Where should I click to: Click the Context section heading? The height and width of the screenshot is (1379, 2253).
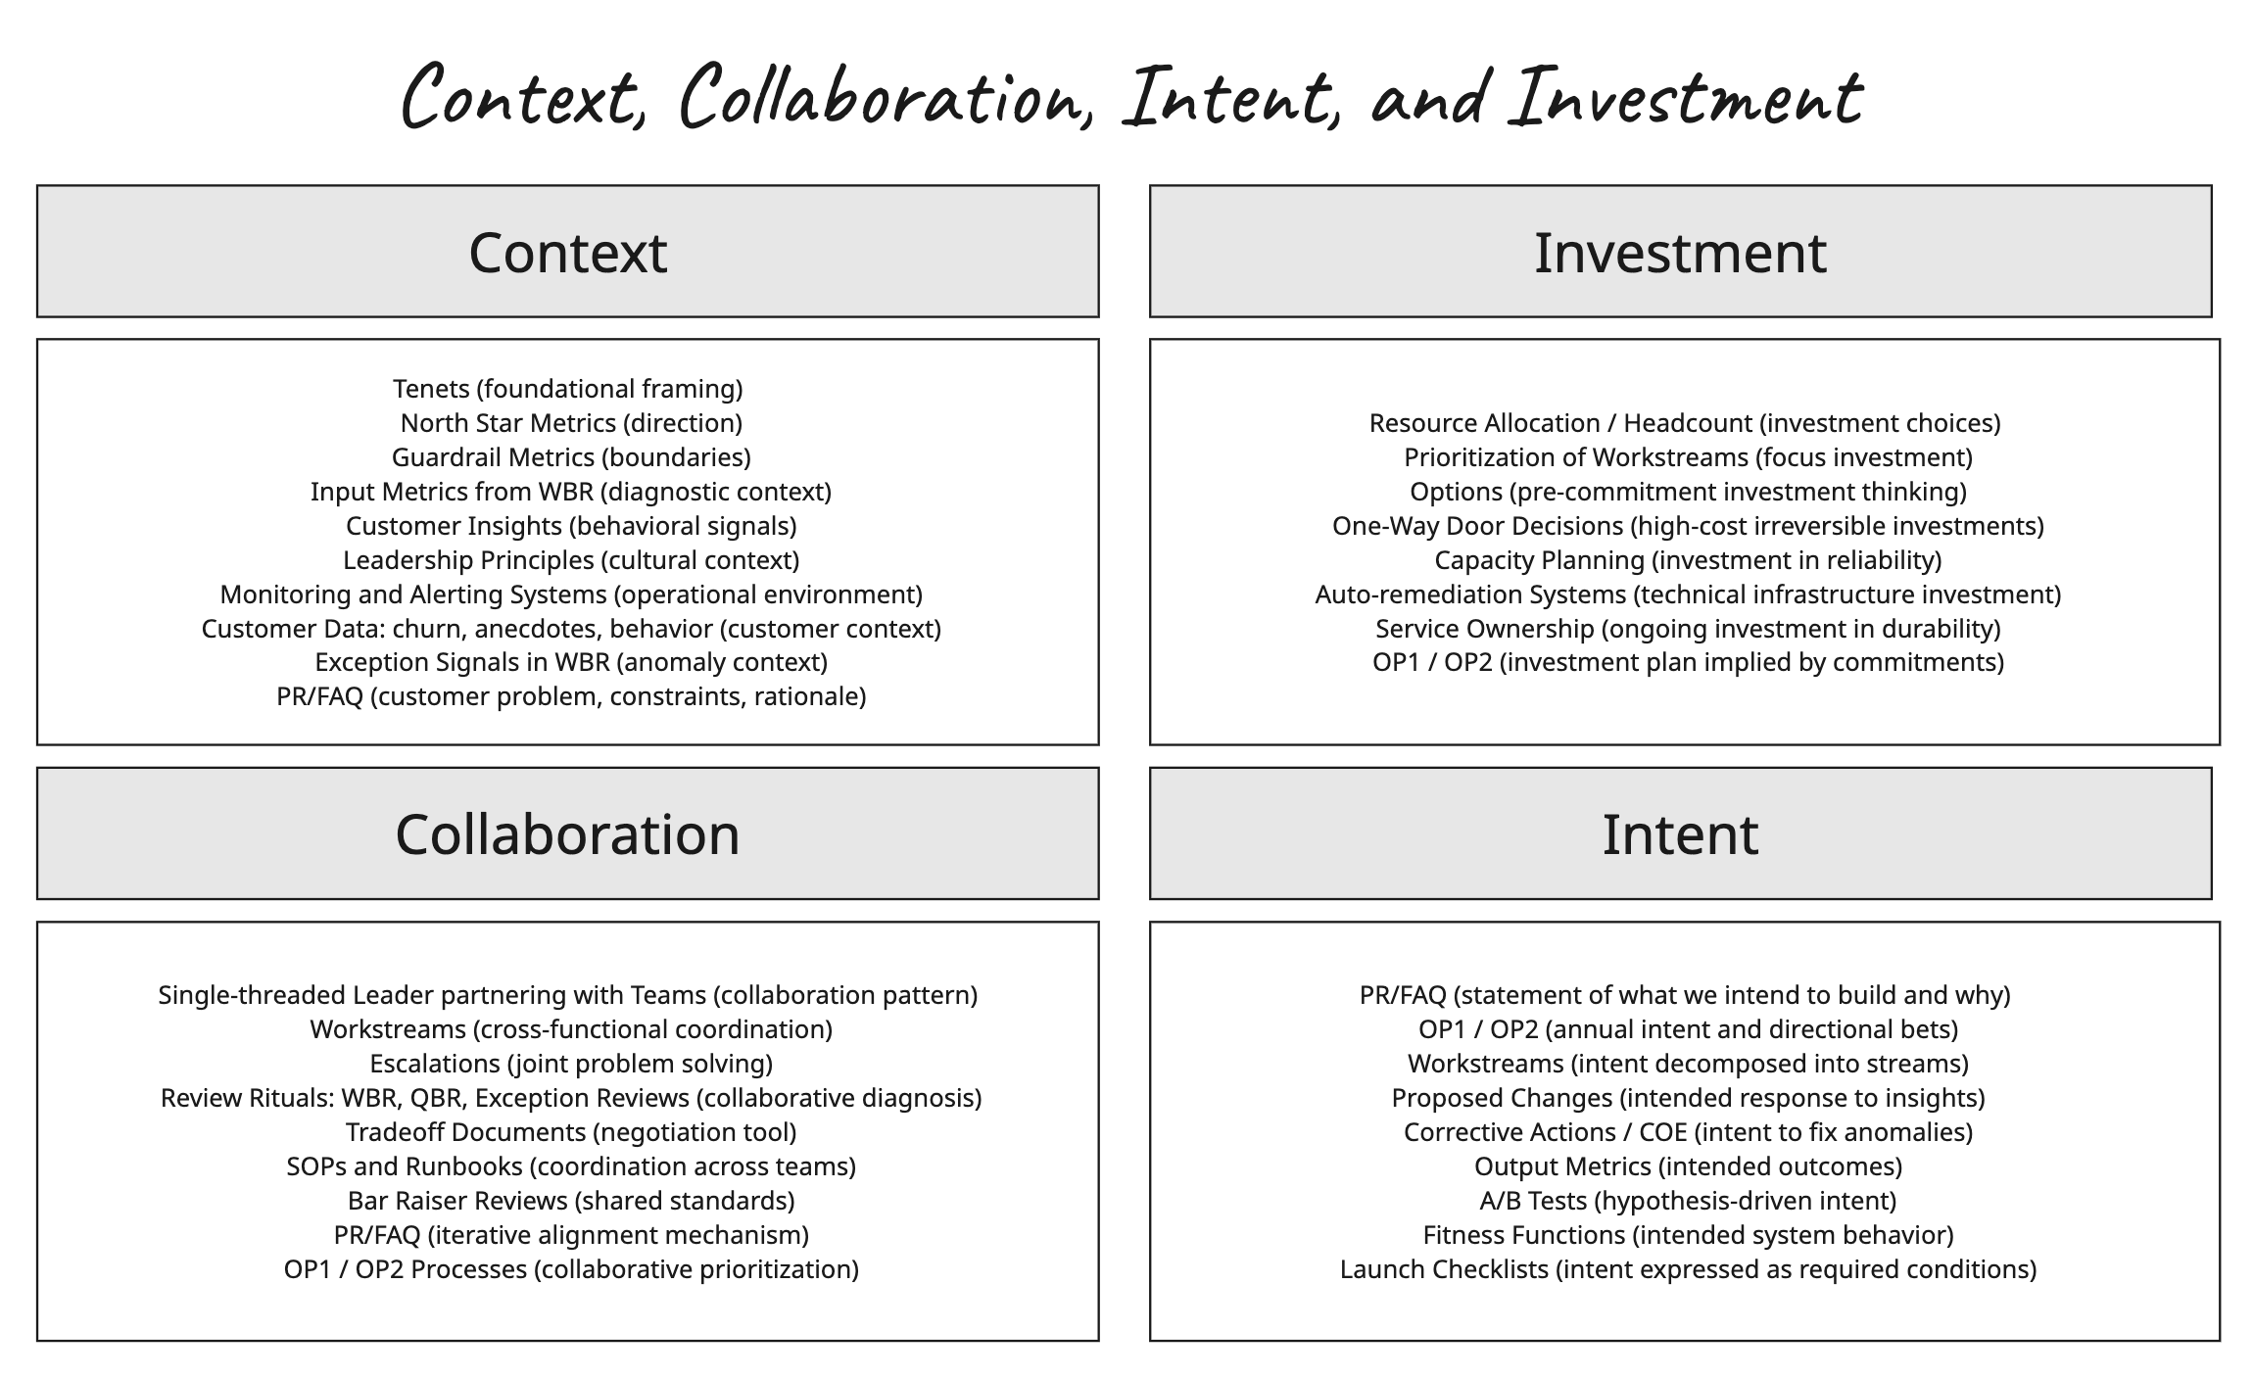567,253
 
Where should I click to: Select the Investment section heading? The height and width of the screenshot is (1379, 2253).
1679,253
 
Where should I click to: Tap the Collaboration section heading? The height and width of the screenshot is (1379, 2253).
567,834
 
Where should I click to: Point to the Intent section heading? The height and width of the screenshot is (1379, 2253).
1679,834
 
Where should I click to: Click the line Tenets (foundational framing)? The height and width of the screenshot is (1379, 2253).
567,389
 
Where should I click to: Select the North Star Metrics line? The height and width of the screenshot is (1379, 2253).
571,423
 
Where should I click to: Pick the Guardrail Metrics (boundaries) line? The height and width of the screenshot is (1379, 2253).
571,457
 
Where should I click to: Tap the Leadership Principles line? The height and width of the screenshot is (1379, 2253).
571,560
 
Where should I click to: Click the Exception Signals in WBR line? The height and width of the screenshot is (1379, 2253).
571,662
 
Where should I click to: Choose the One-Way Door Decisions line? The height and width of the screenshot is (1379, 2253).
1687,526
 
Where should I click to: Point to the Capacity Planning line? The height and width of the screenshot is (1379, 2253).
1687,560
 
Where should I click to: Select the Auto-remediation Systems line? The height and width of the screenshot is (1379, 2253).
1687,594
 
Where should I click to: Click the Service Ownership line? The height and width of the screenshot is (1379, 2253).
1687,629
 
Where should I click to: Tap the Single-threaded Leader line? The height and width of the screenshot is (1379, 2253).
567,995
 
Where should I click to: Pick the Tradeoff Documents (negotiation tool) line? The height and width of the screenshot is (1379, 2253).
571,1132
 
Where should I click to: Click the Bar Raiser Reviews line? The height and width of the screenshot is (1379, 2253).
571,1201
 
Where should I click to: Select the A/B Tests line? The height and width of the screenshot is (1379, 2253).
1687,1201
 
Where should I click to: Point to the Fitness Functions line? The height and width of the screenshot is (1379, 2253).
1687,1235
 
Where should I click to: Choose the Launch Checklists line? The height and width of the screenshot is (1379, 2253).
1687,1269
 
